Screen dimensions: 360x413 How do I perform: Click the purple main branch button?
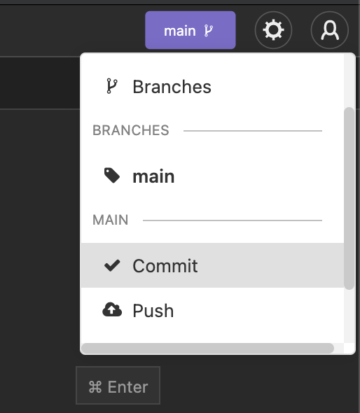coord(191,30)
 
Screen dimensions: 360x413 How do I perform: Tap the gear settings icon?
coord(273,30)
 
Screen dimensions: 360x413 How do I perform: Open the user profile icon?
coord(330,30)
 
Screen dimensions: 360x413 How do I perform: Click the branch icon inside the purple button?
coord(209,31)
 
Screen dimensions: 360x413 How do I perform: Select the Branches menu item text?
coord(172,87)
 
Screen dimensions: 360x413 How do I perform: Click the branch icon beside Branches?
coord(112,86)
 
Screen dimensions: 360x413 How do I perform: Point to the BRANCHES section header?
coord(131,130)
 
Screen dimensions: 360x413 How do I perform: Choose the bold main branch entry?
coord(153,176)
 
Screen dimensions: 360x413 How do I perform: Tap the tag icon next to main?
coord(112,175)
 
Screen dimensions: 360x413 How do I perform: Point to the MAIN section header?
coord(111,220)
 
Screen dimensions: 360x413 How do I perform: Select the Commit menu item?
coord(212,265)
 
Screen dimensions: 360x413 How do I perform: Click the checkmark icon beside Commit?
coord(112,265)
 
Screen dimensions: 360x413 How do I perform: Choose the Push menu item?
coord(212,310)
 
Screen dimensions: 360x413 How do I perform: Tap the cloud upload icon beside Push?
coord(112,309)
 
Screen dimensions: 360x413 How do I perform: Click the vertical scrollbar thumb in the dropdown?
coord(349,198)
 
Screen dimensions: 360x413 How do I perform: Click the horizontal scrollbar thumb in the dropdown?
coord(208,348)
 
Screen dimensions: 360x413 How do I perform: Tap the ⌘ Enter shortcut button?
coord(118,385)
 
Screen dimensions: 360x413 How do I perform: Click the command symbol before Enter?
coord(95,387)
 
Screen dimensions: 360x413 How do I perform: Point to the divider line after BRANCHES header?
coord(253,131)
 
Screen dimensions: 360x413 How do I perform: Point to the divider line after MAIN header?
coord(233,220)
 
